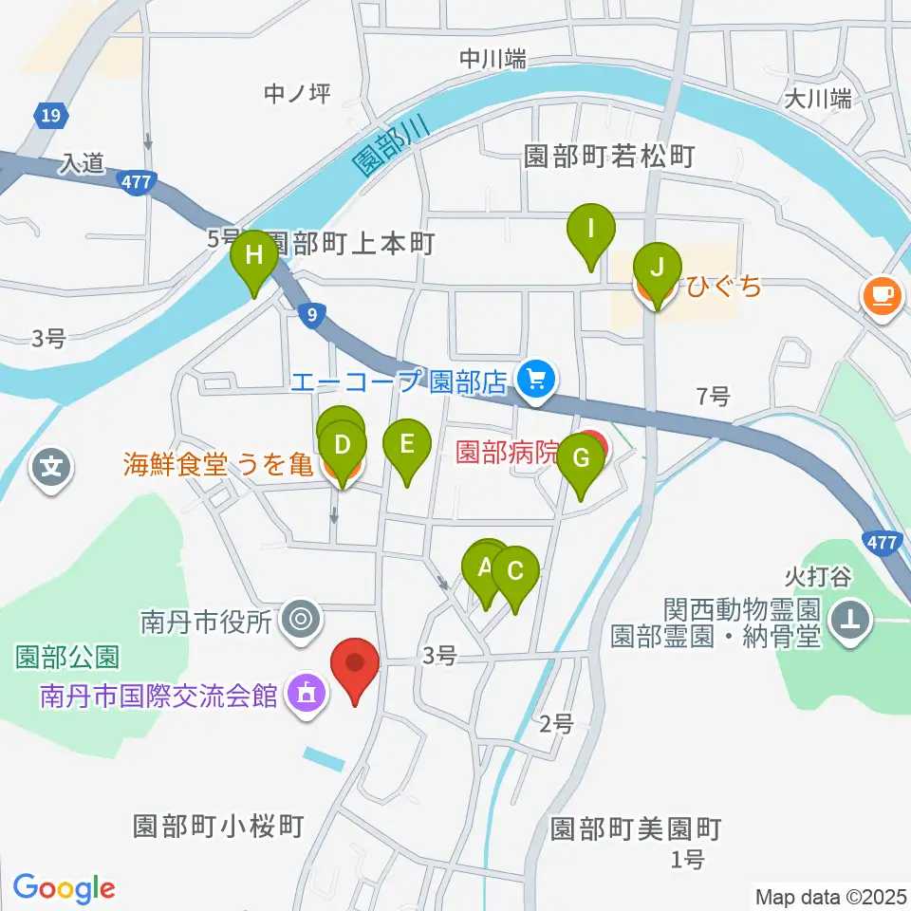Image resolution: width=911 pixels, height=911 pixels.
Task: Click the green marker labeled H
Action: point(253,257)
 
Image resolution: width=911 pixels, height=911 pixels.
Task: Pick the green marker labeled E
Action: point(406,445)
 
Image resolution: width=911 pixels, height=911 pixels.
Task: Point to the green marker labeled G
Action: point(581,460)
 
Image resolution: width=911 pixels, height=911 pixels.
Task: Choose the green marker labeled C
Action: point(515,573)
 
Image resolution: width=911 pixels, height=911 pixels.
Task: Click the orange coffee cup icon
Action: point(882,295)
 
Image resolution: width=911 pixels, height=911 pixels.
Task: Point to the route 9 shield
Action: point(312,313)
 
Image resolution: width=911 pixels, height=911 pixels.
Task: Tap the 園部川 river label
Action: point(390,143)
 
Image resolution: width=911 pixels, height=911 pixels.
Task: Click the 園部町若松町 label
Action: point(610,156)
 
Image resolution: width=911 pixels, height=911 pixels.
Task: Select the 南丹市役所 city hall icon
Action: point(303,621)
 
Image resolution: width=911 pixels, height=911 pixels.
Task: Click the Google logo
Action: point(64,887)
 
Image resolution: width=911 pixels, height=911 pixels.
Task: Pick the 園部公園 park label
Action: point(66,656)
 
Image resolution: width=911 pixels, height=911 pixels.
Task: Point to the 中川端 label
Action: point(493,59)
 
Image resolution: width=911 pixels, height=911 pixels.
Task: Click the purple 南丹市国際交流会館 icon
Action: point(306,696)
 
